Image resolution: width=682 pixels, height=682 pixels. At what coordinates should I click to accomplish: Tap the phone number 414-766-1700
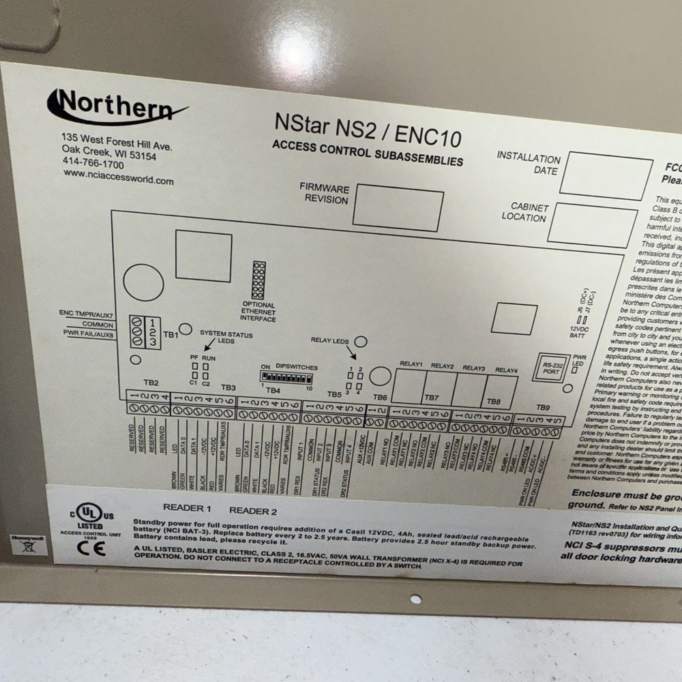[93, 164]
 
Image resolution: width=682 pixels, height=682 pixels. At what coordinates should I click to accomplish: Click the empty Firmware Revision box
[398, 207]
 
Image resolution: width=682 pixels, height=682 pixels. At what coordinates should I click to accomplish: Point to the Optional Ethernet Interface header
[258, 280]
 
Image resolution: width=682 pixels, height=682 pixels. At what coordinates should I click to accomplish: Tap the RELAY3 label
[473, 368]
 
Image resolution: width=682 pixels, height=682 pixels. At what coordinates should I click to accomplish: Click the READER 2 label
[253, 511]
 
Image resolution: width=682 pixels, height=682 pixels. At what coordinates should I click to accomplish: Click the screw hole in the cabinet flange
[415, 599]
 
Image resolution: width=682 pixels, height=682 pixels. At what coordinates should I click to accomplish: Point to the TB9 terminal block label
[542, 408]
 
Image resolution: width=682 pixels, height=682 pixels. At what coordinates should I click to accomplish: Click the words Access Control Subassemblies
[367, 153]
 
